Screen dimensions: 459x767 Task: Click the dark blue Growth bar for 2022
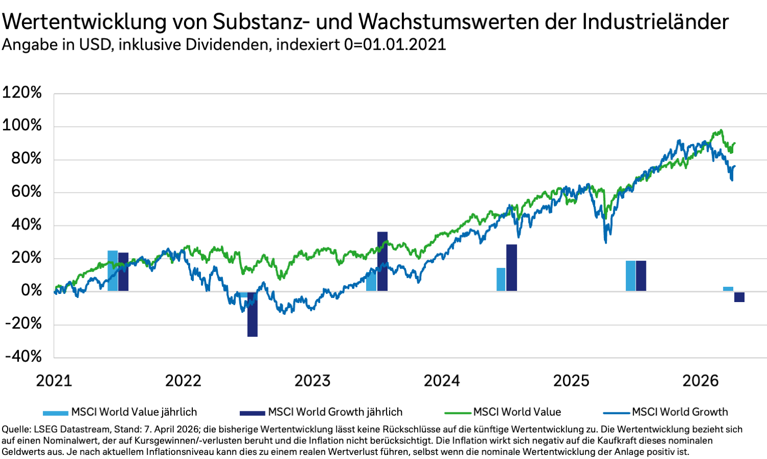tap(252, 314)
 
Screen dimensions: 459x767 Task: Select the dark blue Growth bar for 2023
tap(382, 261)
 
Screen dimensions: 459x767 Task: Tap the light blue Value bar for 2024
tap(501, 279)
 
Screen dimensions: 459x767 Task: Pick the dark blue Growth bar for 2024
tap(511, 268)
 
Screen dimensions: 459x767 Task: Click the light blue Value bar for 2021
tap(112, 270)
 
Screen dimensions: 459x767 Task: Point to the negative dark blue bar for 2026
tap(739, 297)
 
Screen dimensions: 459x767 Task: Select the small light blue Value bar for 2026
tap(728, 289)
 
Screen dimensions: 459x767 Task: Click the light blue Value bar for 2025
tap(630, 276)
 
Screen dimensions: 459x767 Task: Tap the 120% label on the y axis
tap(22, 93)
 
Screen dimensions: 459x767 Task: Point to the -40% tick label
tap(23, 356)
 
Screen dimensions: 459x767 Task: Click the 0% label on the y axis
tap(31, 290)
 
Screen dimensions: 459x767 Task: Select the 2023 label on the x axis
tap(312, 381)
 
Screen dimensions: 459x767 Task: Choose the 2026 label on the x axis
tap(701, 381)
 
